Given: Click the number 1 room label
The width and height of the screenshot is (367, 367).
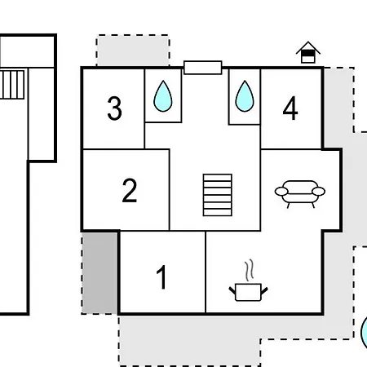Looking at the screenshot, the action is [x=161, y=277].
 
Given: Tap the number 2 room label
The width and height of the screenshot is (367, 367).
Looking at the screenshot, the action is [x=130, y=190].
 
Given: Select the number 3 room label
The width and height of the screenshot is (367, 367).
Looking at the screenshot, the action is [x=114, y=108].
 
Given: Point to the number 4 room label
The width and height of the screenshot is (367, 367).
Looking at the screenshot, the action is [x=290, y=108].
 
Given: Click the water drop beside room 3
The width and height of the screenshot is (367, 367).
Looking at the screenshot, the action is [x=163, y=96].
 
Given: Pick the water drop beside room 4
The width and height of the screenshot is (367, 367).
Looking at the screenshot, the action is [x=245, y=96].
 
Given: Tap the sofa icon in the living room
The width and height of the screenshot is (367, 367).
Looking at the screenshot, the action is [x=300, y=194].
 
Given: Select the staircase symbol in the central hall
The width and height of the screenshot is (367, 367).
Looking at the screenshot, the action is [x=218, y=195].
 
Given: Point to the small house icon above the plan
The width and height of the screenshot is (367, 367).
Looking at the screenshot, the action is [x=308, y=52].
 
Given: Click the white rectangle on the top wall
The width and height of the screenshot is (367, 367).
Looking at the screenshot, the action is [x=203, y=68].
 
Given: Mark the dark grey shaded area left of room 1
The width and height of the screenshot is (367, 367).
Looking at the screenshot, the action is [x=99, y=272].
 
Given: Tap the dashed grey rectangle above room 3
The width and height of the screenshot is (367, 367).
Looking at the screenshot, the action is [x=133, y=51].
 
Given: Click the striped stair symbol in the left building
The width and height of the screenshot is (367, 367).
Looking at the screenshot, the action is [x=12, y=85].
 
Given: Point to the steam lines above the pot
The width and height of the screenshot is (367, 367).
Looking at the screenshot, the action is [x=250, y=270].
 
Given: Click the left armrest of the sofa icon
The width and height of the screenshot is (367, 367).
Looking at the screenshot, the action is [x=281, y=192].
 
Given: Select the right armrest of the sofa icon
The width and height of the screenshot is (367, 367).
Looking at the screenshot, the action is [x=319, y=192].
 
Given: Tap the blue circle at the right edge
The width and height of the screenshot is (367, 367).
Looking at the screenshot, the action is [x=364, y=332].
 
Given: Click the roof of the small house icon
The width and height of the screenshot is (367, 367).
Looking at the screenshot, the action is [x=308, y=47].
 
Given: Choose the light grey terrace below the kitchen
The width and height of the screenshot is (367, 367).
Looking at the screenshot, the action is [x=190, y=340].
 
